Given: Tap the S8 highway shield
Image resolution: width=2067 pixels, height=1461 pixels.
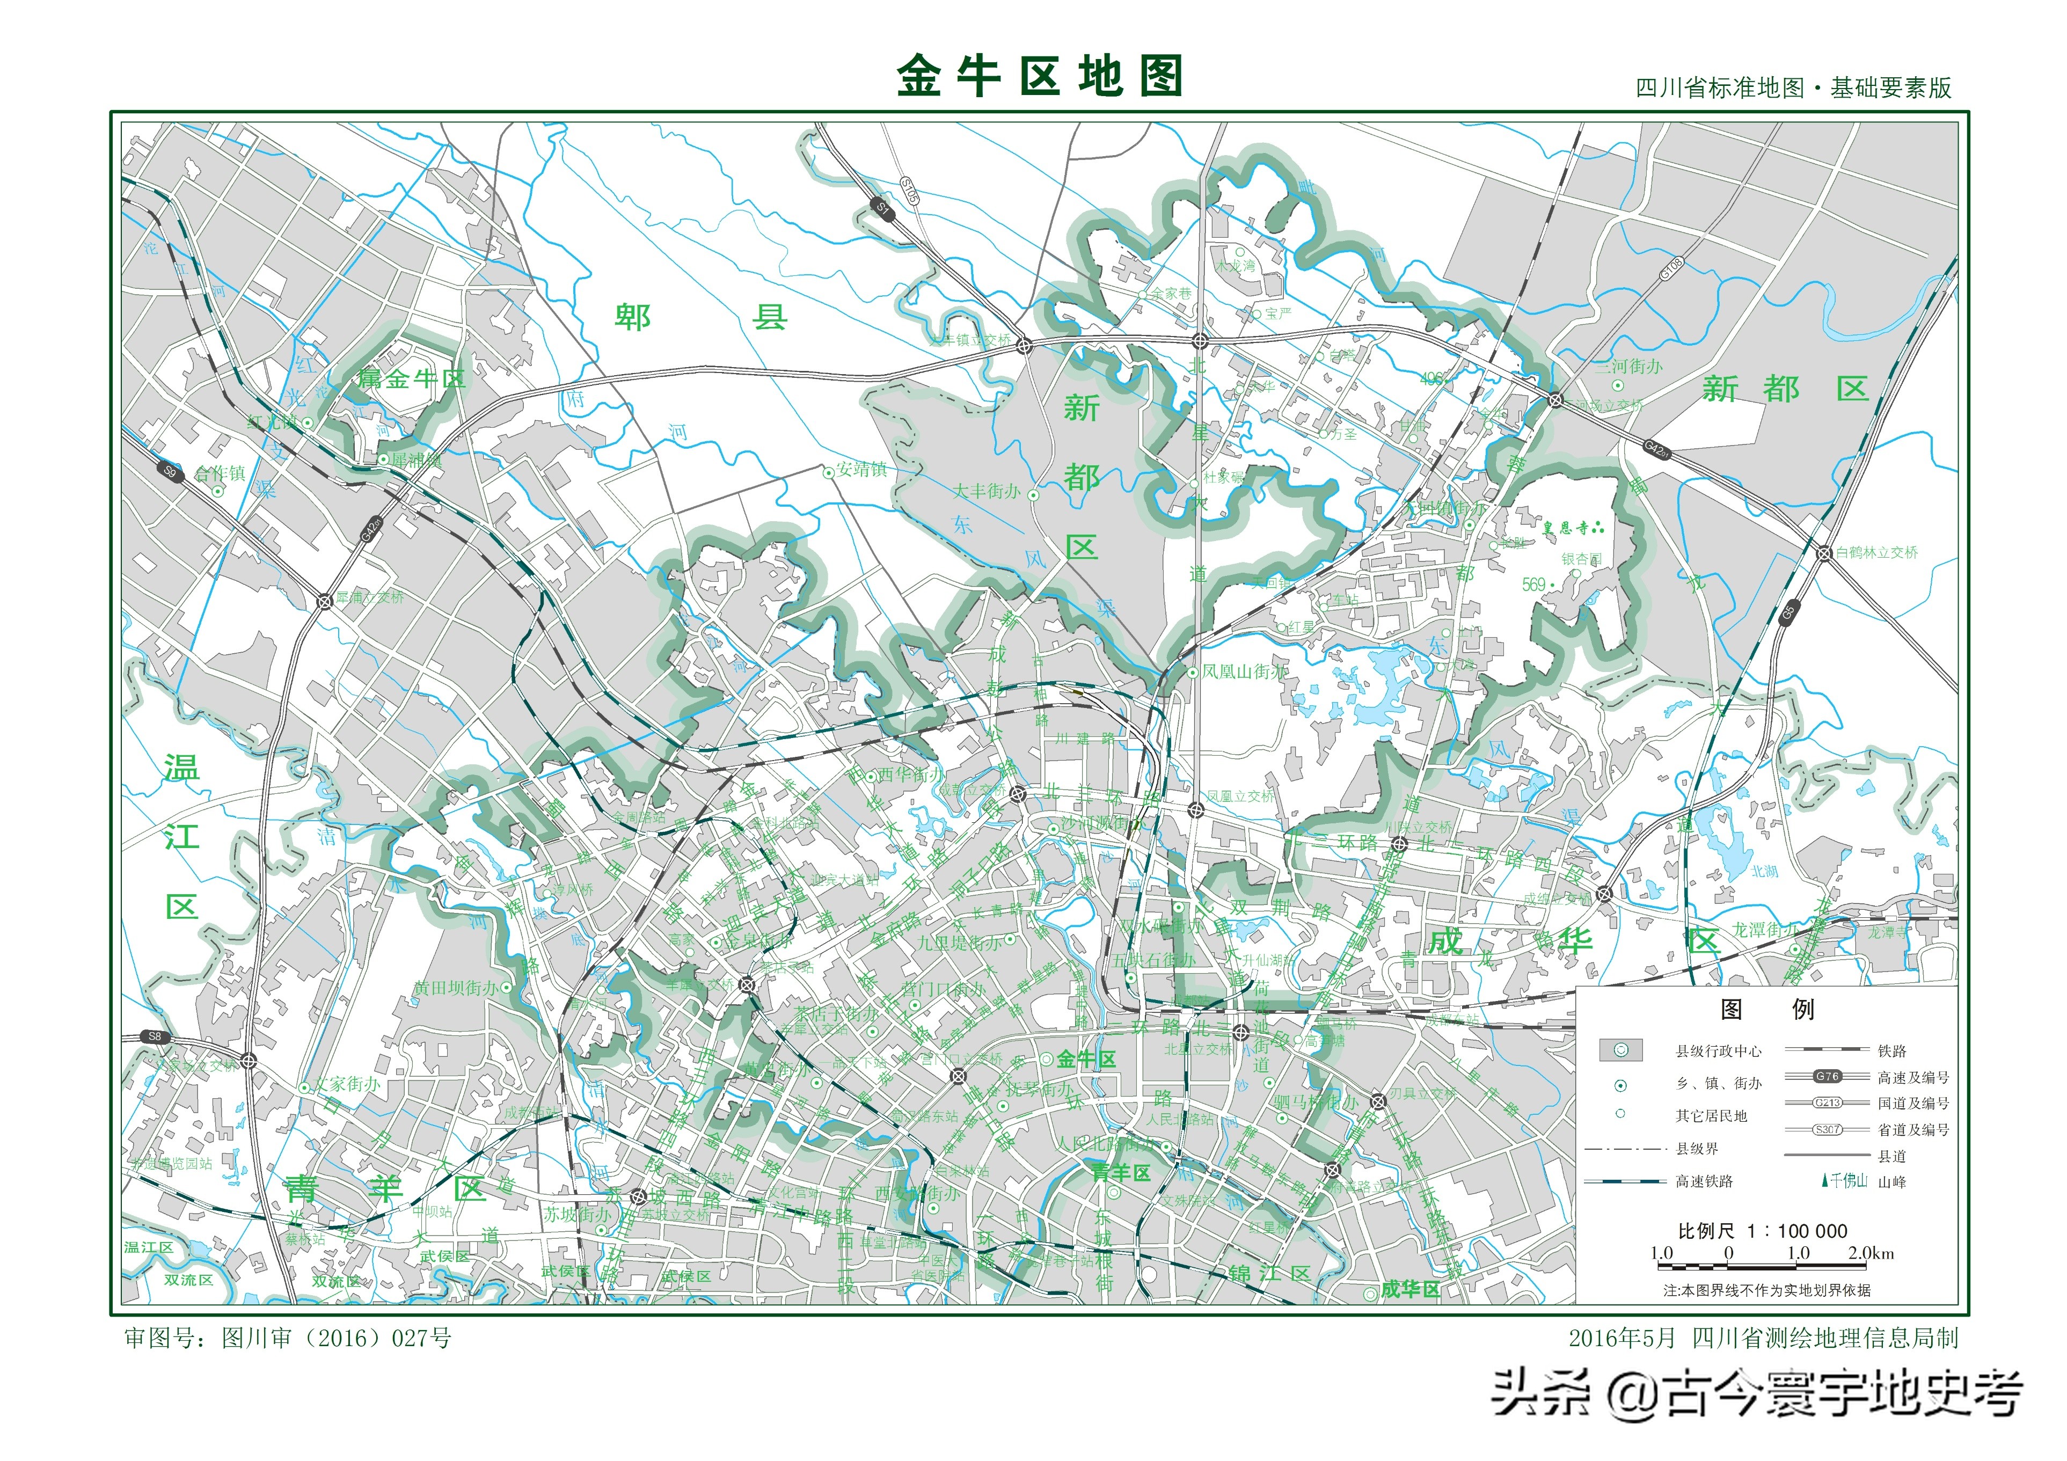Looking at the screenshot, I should [x=155, y=1036].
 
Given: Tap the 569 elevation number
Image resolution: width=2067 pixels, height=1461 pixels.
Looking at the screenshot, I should [x=1533, y=584].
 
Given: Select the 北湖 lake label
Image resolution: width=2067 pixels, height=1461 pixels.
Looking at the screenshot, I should [x=1764, y=871].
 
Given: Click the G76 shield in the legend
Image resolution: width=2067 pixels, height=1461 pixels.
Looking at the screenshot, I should [x=1827, y=1076].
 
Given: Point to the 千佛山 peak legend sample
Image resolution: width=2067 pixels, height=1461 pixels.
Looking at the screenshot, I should [x=1845, y=1180].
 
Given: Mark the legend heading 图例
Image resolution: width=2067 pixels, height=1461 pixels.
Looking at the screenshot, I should [x=1766, y=1009].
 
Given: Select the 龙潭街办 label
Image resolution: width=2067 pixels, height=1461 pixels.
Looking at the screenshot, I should [x=1766, y=930].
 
